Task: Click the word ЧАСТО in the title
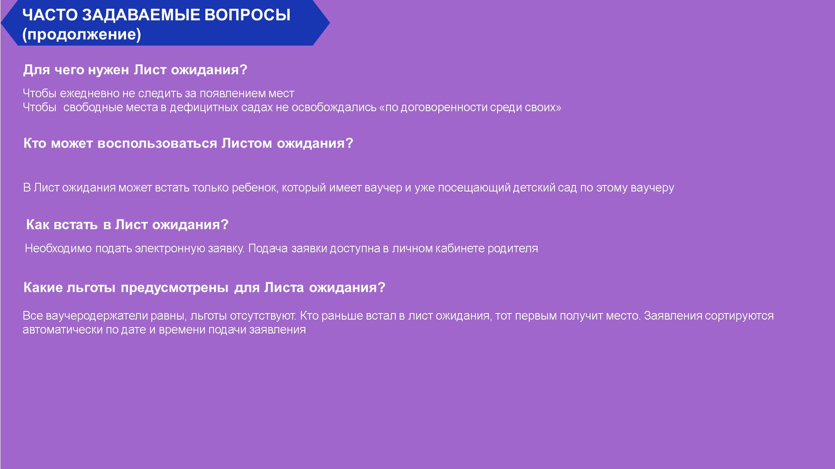pos(50,15)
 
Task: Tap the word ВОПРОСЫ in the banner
pos(247,15)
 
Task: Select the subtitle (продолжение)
pos(82,34)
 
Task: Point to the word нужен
pos(108,70)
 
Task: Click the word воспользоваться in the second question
pos(157,143)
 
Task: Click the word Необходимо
pos(58,248)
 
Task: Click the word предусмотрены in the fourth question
pos(174,287)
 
